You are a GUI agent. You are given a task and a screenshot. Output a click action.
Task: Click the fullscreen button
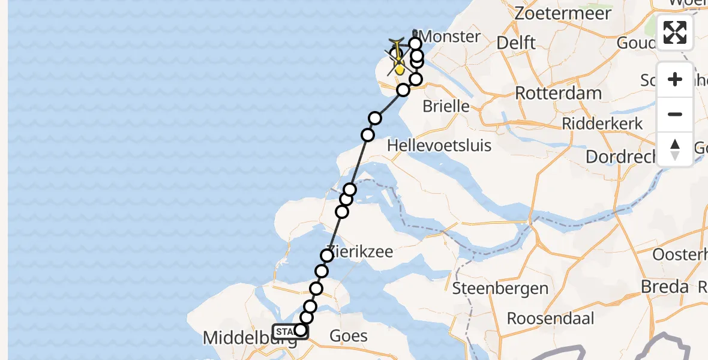675,32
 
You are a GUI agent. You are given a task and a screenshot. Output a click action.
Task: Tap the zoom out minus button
675,114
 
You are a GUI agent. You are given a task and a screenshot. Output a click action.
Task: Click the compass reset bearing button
675,149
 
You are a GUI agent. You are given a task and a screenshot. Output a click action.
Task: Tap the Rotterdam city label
558,94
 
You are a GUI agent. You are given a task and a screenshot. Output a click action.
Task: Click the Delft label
516,43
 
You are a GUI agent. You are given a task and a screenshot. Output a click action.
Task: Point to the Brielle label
446,107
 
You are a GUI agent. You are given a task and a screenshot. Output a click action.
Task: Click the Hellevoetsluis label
439,145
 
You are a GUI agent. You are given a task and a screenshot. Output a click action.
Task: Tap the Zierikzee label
360,252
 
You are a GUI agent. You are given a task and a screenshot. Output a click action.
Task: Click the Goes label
349,335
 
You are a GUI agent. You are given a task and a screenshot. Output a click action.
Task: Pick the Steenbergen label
500,289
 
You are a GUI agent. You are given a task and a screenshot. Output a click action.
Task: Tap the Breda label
664,287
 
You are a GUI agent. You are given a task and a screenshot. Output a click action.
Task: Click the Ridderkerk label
602,124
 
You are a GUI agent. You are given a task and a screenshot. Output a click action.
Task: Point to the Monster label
452,37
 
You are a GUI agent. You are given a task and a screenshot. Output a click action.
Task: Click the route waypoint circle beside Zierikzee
327,256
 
